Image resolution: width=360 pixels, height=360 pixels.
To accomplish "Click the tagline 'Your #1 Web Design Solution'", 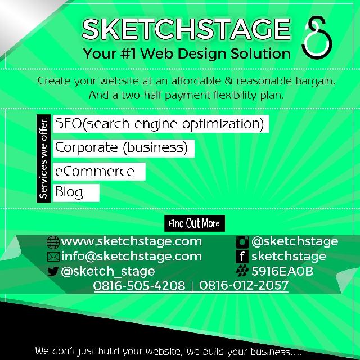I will click(x=187, y=55).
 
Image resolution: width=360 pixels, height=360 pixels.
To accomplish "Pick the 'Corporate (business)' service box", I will click(x=124, y=148).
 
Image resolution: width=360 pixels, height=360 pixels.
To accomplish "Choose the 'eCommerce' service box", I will click(x=99, y=172).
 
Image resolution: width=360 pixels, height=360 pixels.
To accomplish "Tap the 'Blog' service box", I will click(x=76, y=192).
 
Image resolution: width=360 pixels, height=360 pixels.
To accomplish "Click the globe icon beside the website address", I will click(x=53, y=242).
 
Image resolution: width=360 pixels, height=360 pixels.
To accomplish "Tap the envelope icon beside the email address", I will click(x=53, y=257).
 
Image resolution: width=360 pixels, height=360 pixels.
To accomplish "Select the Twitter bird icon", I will click(x=53, y=272).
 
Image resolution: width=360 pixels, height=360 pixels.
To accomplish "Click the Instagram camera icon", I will click(x=242, y=242).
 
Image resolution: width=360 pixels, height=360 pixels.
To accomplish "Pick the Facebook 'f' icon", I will click(x=242, y=257).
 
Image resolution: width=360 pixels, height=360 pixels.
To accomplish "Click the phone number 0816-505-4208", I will click(x=139, y=286).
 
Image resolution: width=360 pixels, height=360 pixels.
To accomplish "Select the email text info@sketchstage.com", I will click(x=131, y=256).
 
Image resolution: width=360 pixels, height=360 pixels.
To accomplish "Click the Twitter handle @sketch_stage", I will click(x=107, y=272).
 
